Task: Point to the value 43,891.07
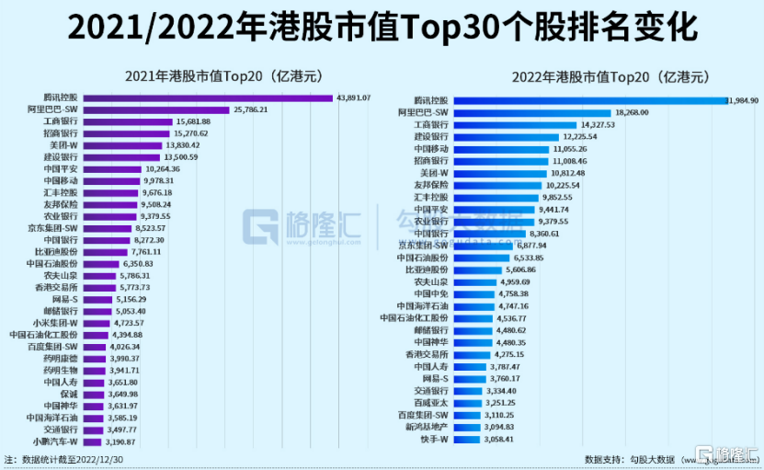[x=354, y=97]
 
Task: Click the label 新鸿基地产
[x=427, y=427]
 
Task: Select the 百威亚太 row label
[x=428, y=403]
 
